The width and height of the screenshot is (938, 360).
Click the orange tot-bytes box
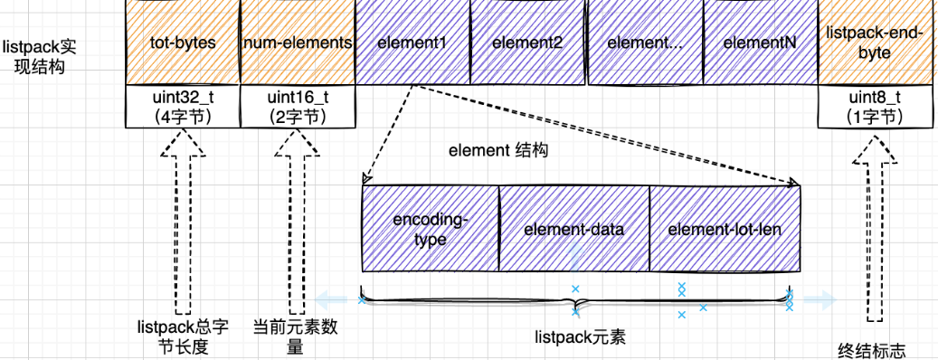coord(182,43)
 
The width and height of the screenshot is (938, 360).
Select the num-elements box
coord(298,43)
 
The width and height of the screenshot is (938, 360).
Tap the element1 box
coord(412,43)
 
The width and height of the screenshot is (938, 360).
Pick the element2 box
coord(528,43)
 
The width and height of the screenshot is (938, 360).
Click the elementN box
coord(760,43)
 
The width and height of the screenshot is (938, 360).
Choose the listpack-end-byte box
coord(875,43)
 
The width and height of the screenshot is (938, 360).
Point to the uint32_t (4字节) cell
coord(182,107)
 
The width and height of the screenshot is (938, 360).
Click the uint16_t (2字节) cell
coord(298,107)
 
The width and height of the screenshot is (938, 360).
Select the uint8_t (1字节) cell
coord(875,107)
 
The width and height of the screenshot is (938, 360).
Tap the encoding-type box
coord(431,229)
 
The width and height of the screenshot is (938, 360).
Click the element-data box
coord(573,229)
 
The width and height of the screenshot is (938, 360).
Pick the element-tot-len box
coord(725,229)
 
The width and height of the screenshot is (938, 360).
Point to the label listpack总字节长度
coord(182,336)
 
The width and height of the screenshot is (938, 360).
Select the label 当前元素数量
coord(296,336)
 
